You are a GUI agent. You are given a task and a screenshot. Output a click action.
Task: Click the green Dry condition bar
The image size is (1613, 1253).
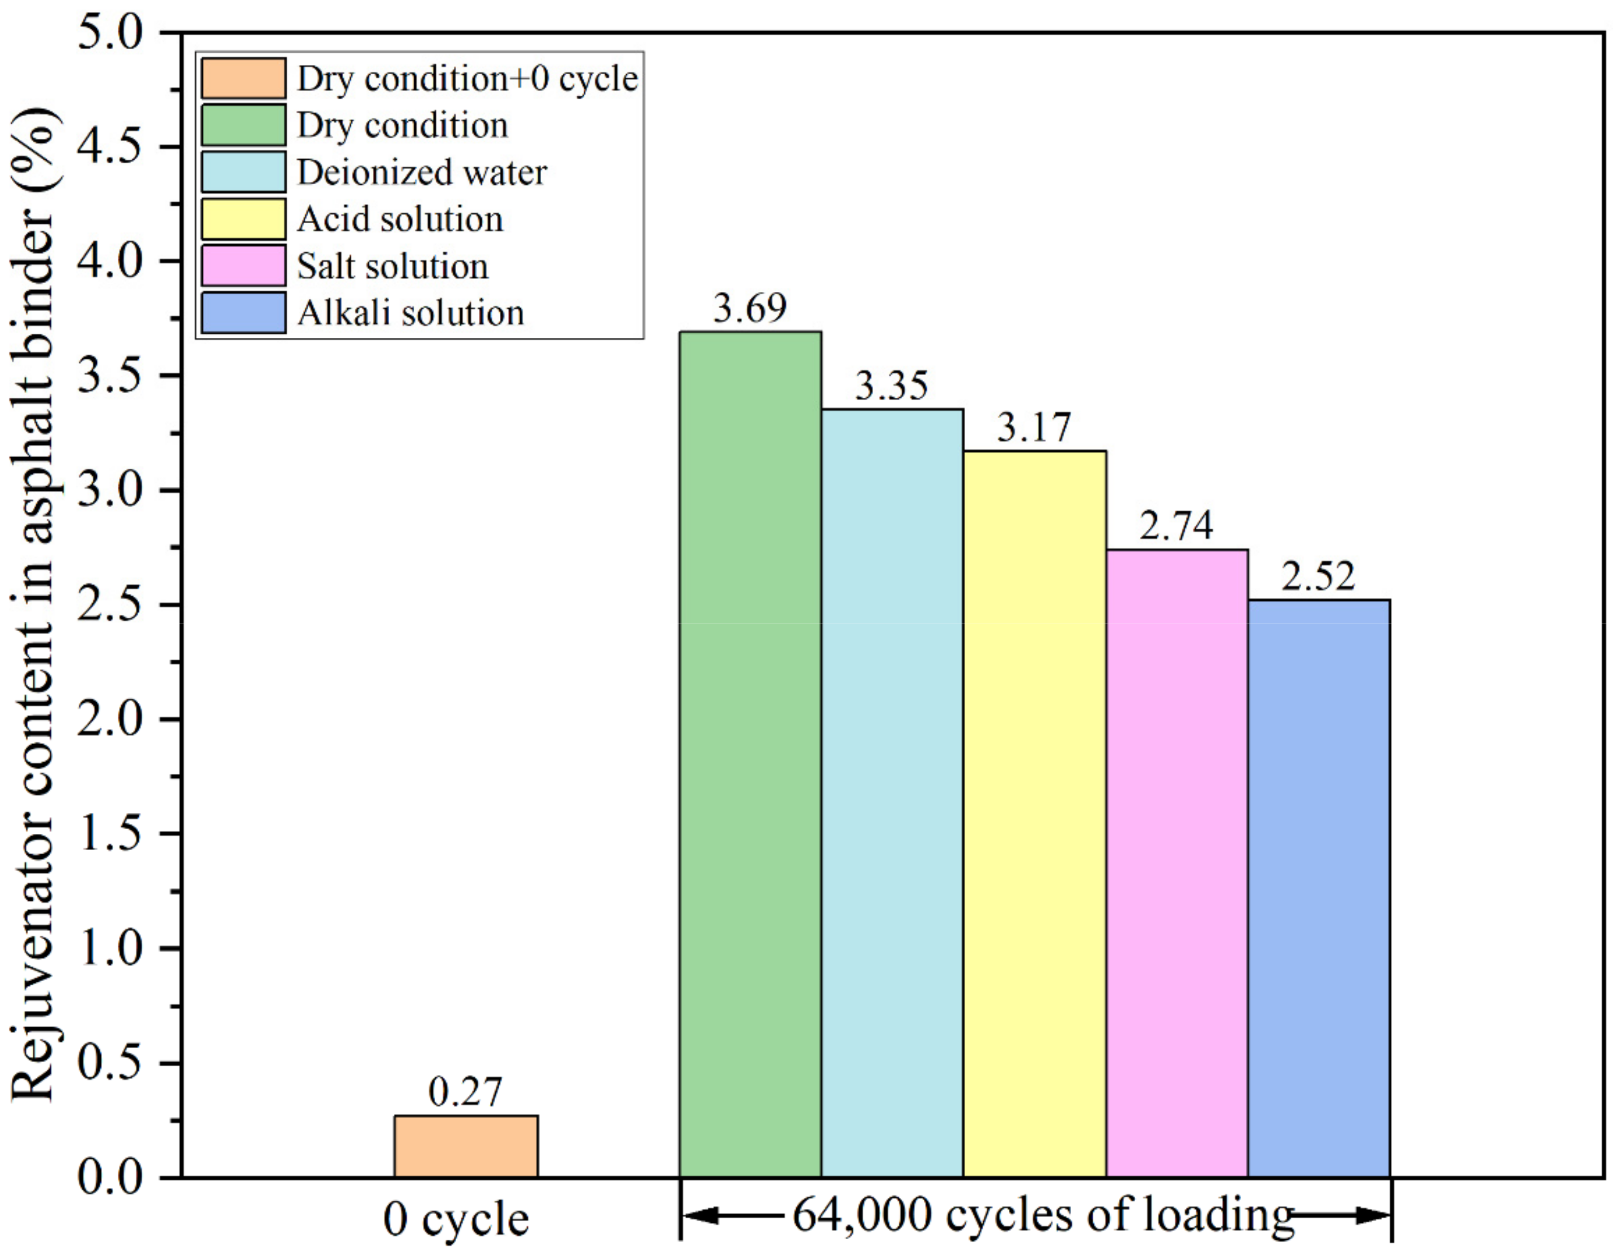point(750,753)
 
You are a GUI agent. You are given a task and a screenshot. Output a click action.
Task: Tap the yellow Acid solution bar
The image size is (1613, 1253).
point(1035,813)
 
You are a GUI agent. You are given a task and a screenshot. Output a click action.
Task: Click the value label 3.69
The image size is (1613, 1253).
point(750,308)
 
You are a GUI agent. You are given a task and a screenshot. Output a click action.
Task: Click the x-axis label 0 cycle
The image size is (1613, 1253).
point(456,1220)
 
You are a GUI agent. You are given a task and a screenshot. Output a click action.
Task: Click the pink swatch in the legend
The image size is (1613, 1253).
point(243,266)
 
